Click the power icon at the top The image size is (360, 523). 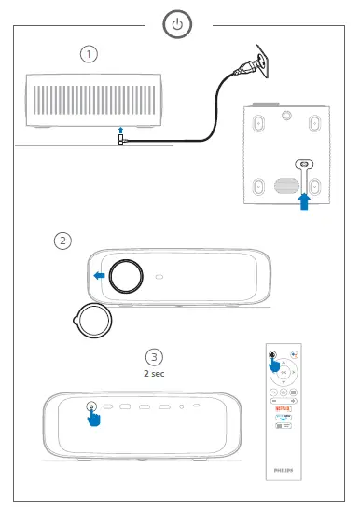(179, 24)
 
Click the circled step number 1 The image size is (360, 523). (89, 54)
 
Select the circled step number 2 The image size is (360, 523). (62, 241)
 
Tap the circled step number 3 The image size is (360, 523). (155, 357)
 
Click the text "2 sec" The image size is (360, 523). (155, 373)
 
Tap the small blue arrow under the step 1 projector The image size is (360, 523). (119, 130)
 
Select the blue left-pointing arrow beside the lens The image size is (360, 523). (98, 275)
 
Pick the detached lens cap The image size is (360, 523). (92, 319)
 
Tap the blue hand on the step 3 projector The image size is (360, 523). (93, 416)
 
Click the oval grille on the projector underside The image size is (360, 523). (284, 181)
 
